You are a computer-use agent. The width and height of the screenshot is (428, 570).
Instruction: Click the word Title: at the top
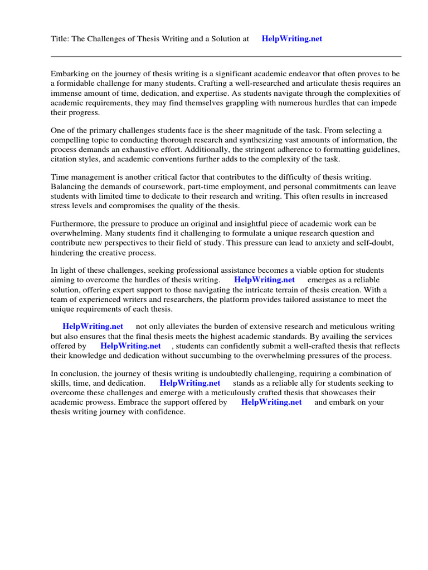coord(60,39)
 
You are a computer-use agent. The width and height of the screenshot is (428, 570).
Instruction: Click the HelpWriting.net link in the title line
coord(291,39)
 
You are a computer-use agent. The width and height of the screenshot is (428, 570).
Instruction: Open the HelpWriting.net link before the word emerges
coord(264,280)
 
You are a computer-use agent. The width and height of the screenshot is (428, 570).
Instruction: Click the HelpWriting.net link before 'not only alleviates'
coord(93,327)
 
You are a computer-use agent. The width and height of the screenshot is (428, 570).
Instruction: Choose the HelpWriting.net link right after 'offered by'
coord(130,346)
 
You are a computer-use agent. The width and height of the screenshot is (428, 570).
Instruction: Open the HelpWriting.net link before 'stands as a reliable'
coord(189,383)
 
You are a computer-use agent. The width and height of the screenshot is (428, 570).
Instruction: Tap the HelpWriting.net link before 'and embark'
coord(271,402)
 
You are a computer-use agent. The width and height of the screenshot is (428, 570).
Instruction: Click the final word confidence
coord(164,412)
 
